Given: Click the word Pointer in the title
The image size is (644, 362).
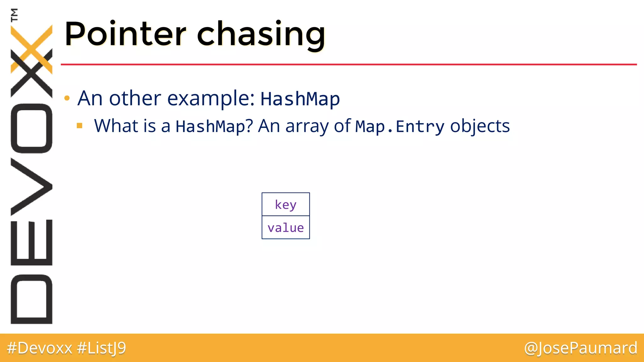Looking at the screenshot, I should tap(125, 34).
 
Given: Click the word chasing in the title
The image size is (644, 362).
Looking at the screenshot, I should tap(261, 35).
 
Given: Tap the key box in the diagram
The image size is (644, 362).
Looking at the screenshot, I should tap(286, 204).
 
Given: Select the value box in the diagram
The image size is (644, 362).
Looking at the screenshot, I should tap(286, 228).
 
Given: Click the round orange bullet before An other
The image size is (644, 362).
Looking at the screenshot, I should tap(67, 98).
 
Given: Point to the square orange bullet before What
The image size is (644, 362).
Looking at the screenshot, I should tap(80, 126).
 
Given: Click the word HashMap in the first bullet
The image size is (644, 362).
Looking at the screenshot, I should tap(300, 99).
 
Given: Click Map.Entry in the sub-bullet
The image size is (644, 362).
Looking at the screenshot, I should tap(400, 126).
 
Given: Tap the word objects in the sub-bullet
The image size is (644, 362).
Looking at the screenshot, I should tap(480, 126).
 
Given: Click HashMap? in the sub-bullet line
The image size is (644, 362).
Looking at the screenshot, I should tap(214, 126).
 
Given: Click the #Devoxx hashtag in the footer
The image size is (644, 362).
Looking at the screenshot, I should tap(40, 348).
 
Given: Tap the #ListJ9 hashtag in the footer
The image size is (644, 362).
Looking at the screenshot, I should tap(101, 348).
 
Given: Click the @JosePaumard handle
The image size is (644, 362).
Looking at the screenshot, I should tap(580, 348).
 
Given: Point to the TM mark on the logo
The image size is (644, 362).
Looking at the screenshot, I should tap(14, 15).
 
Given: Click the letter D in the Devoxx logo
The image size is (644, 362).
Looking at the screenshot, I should tap(31, 299).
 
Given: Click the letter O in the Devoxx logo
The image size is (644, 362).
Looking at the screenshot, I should tap(31, 128).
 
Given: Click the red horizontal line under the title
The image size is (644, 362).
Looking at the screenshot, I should tap(346, 64).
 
